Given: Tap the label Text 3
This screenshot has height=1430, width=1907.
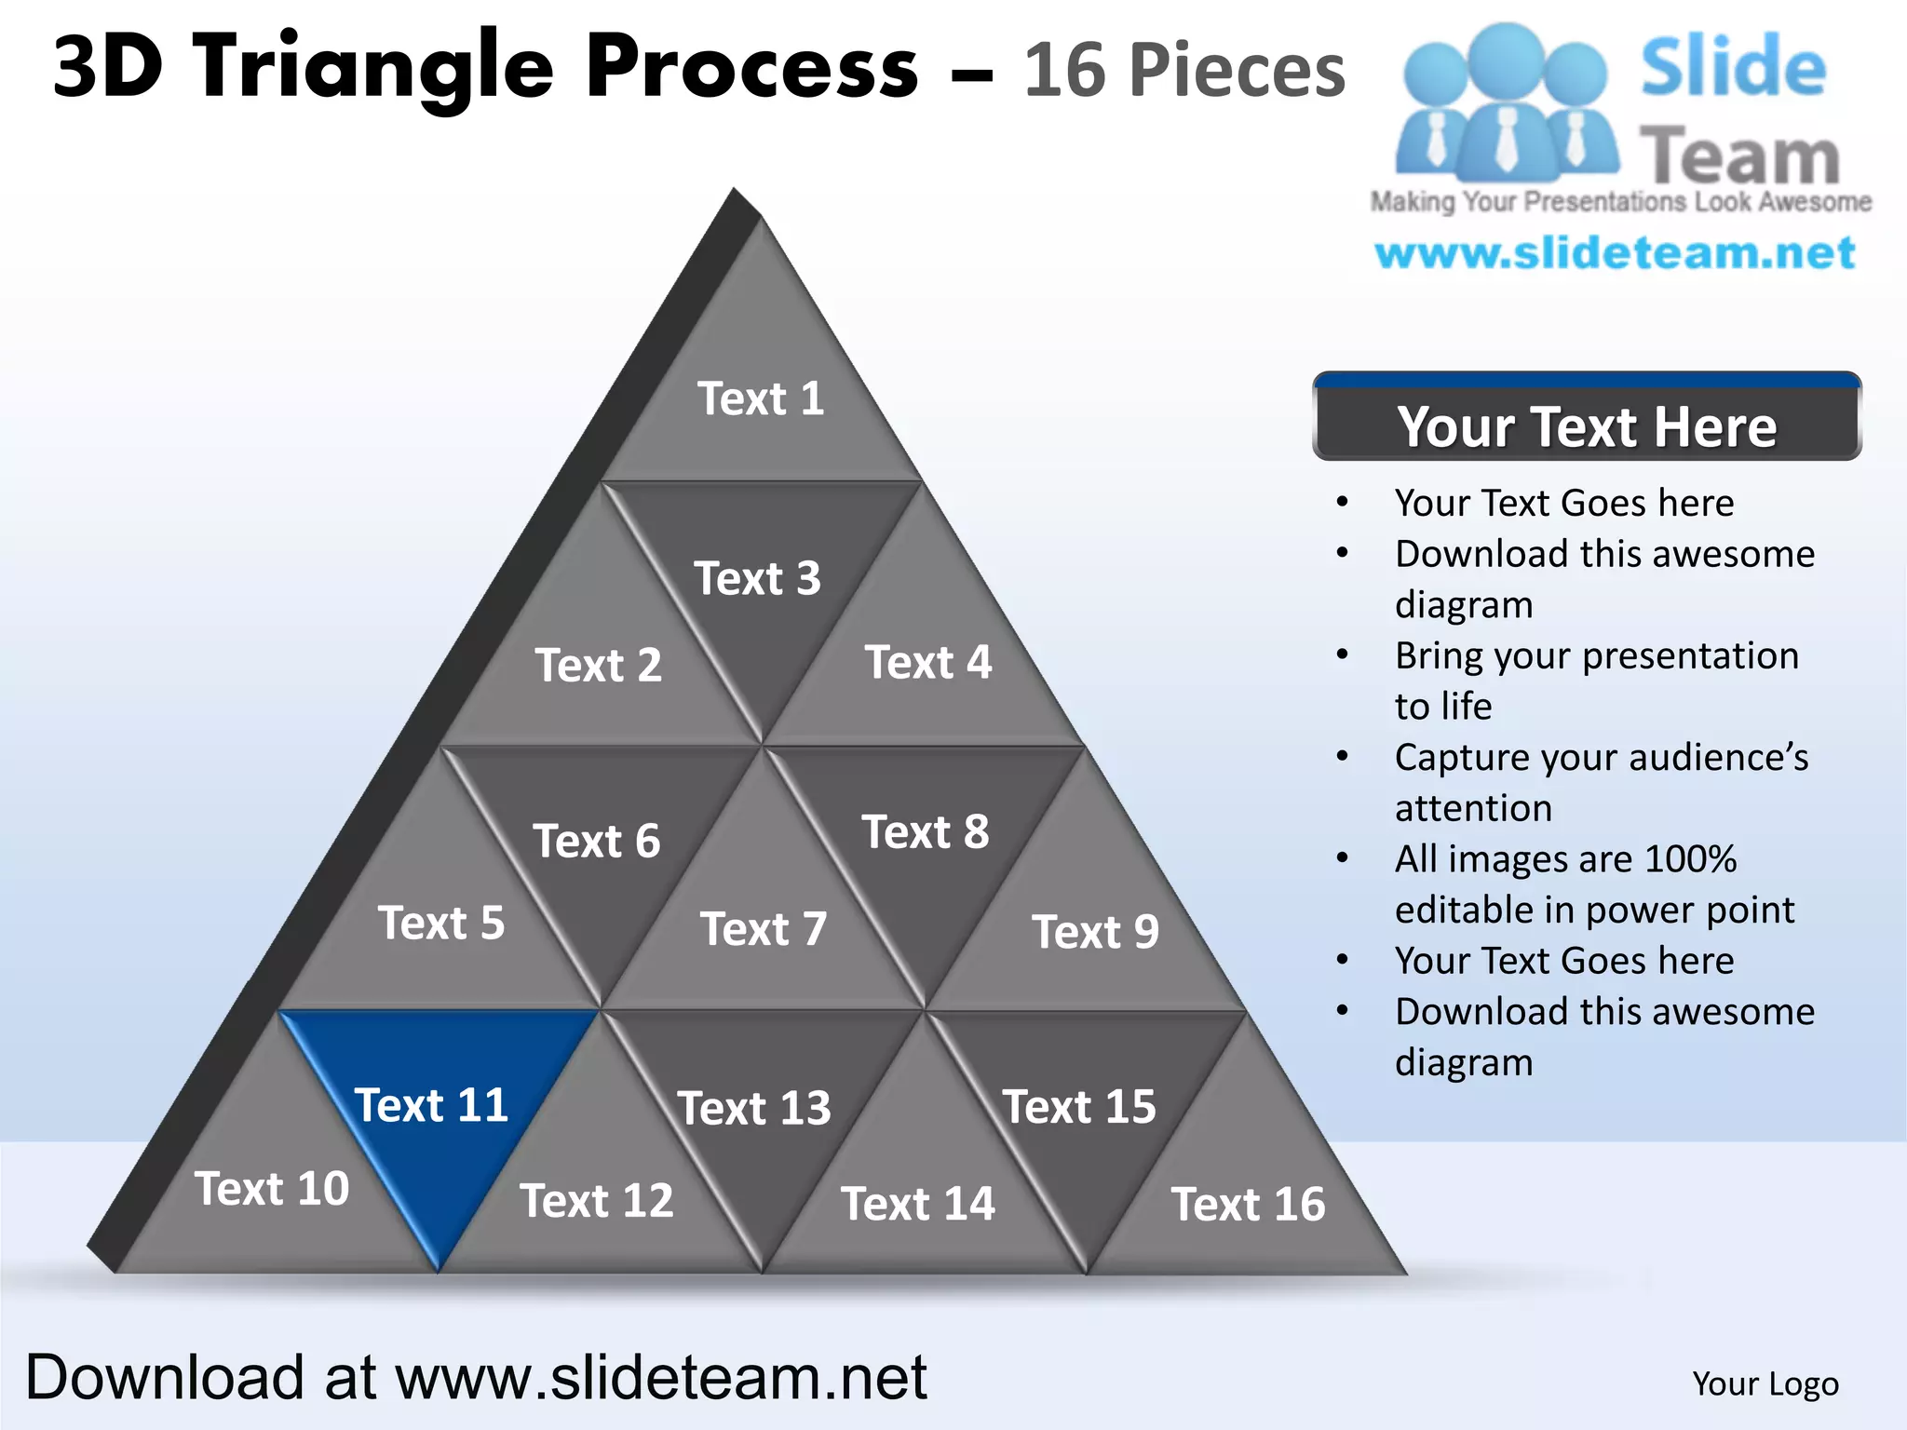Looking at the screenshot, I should point(757,579).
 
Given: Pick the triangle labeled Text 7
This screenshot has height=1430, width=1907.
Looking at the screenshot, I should point(763,929).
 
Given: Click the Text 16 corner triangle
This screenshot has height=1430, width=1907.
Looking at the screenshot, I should point(1247,1205).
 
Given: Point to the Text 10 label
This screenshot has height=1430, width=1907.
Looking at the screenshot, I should point(271,1189).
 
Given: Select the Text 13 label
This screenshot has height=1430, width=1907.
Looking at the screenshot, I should point(753,1109).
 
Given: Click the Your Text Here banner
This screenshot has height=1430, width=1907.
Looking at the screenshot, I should point(1586,426).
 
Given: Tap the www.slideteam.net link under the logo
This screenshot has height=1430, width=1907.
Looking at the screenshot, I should point(1615,253).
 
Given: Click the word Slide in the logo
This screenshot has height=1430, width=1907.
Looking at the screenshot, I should point(1733,67).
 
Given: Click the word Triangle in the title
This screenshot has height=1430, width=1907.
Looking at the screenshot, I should point(374,67).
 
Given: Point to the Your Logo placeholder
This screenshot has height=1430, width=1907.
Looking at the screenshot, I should point(1765,1384).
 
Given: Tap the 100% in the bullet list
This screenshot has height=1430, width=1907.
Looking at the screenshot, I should point(1690,859).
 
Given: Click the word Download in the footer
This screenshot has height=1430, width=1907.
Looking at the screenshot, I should point(164,1378).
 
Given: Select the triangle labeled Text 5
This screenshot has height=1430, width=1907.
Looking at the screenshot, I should point(440,924).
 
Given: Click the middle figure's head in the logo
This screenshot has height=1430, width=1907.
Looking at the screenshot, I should point(1506,59).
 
